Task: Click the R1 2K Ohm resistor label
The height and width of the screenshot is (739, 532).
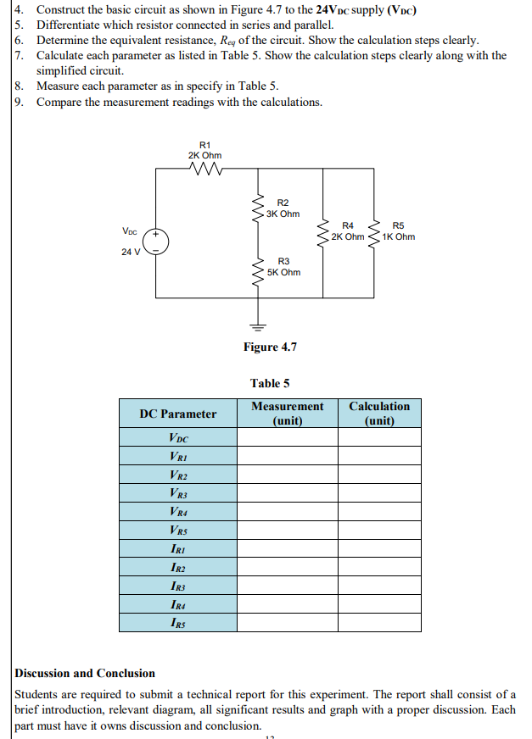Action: [x=204, y=150]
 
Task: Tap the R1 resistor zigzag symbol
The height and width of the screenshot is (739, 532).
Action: [x=205, y=170]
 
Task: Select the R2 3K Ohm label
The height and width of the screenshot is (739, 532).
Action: [x=283, y=208]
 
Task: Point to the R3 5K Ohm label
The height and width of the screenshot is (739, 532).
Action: [x=283, y=267]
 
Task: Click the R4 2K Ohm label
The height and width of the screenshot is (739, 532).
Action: [x=347, y=231]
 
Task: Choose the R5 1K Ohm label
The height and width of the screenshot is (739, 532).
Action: [x=398, y=231]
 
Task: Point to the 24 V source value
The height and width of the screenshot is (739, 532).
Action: [x=131, y=252]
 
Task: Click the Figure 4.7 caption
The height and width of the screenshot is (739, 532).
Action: [x=270, y=347]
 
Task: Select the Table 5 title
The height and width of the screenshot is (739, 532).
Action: [x=270, y=383]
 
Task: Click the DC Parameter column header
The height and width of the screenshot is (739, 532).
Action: [x=177, y=414]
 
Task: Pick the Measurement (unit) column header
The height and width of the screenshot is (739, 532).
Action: [x=287, y=414]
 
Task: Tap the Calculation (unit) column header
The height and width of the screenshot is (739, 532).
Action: [x=379, y=414]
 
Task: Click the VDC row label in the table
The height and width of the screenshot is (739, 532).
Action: [x=177, y=438]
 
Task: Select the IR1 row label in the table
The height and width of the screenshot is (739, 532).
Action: [x=177, y=548]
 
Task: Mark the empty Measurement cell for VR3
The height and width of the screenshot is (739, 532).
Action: [x=287, y=493]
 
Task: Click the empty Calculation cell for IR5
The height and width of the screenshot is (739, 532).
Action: [x=379, y=623]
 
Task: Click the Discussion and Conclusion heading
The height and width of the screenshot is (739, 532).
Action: [x=85, y=673]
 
